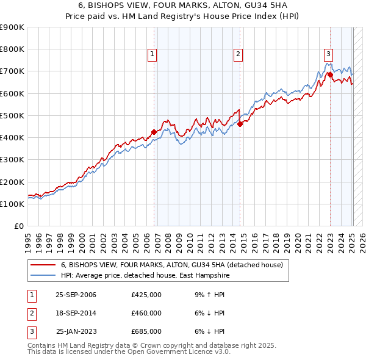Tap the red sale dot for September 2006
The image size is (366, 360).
154,132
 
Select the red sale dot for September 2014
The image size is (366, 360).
240,124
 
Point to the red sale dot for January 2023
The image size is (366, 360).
330,74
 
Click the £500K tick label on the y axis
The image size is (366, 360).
12,115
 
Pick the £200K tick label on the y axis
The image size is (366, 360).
12,182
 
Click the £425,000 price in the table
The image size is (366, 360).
146,295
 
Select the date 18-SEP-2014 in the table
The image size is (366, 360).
76,313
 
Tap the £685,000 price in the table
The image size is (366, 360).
146,331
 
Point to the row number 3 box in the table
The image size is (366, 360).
30,331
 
